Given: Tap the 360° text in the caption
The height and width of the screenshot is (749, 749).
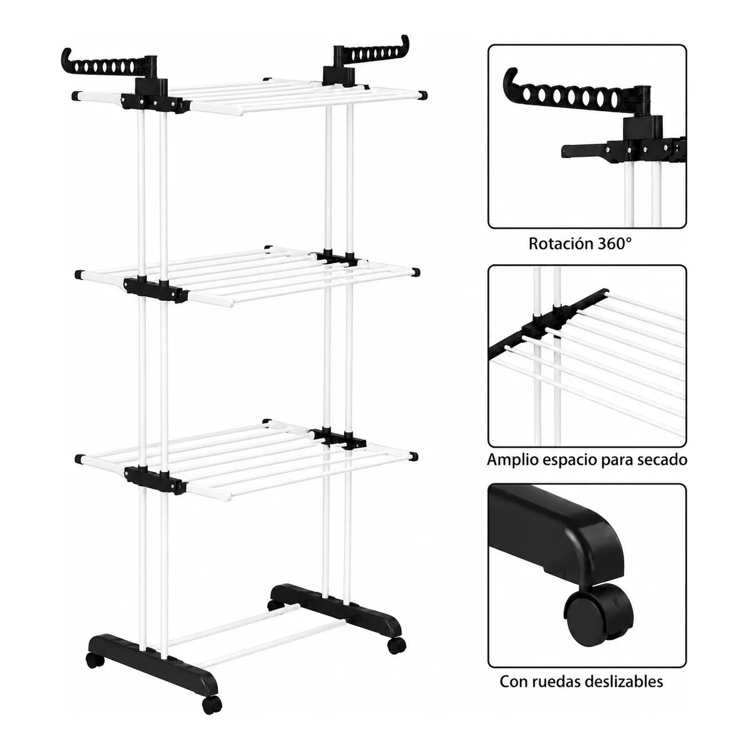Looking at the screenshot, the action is pyautogui.click(x=615, y=243).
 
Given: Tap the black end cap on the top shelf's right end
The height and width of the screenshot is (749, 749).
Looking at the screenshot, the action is pyautogui.click(x=423, y=94).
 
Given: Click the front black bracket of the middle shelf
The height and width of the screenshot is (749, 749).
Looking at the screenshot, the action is pyautogui.click(x=154, y=289).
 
